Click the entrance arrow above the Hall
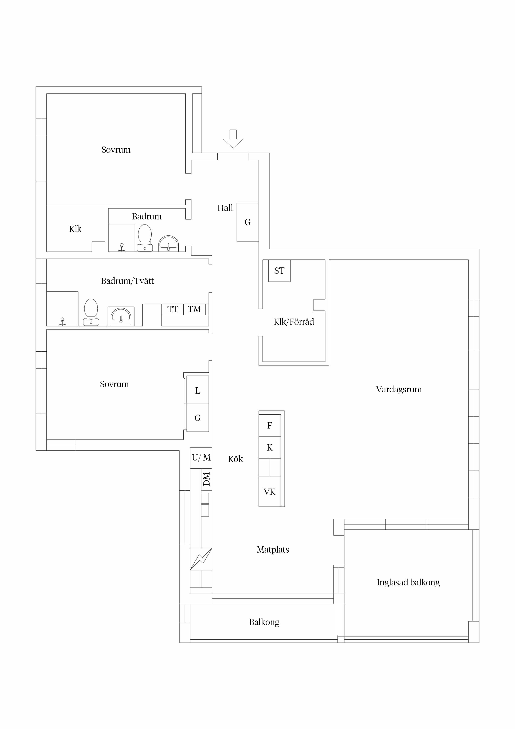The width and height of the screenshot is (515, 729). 233,139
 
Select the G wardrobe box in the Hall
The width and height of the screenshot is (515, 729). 248,222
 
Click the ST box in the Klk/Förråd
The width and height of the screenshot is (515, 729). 279,271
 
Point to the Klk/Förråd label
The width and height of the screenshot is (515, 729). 294,322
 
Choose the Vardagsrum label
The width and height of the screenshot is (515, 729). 399,389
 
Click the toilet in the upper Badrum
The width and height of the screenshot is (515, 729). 145,238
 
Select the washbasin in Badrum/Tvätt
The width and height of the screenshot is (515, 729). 121,316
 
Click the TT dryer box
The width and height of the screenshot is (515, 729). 172,309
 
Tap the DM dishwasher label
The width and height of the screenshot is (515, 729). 207,479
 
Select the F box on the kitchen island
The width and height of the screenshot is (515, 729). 270,425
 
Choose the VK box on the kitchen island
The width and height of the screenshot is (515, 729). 270,491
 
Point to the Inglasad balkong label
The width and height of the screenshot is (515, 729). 408,582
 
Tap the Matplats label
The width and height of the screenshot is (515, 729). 273,550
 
